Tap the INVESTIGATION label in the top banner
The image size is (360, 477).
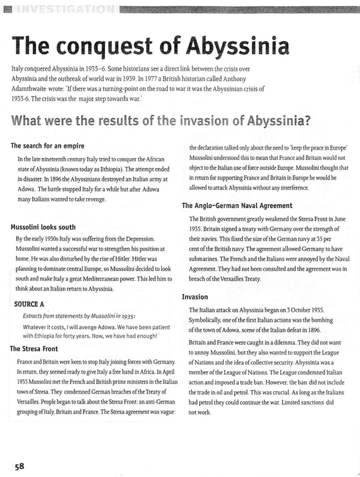click(62, 8)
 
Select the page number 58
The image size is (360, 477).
click(19, 466)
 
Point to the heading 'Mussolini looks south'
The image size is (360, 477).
click(43, 227)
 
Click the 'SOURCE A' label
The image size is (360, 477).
click(29, 304)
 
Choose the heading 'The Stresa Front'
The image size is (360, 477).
click(34, 349)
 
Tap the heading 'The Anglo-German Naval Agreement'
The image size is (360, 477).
click(237, 205)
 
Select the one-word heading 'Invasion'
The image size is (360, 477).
click(195, 297)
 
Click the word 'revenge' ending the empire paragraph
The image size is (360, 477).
click(93, 199)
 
